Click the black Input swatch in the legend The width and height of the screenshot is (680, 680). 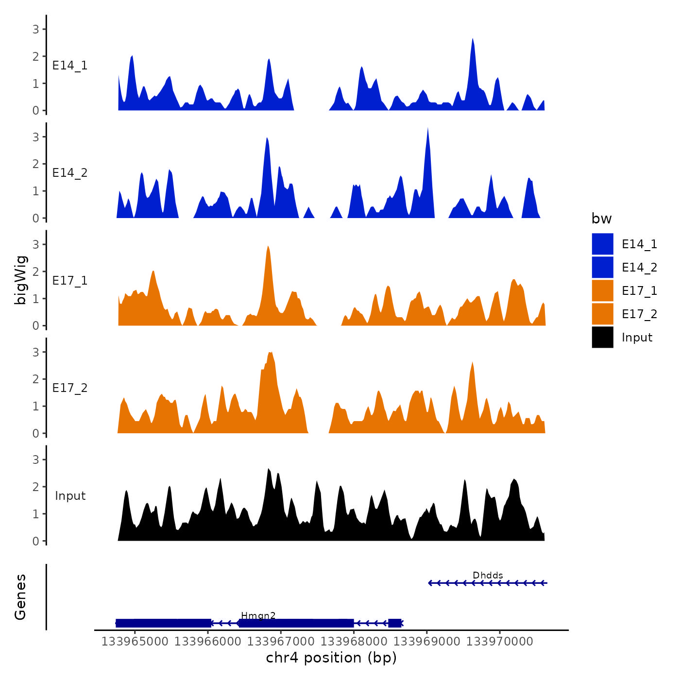click(602, 338)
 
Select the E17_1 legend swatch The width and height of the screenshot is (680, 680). click(602, 291)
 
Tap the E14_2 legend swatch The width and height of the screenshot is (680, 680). click(602, 268)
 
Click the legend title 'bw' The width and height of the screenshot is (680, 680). click(601, 219)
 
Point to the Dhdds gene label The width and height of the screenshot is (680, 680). click(488, 576)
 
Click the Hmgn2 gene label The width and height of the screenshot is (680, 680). click(258, 616)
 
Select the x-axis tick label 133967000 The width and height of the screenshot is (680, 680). click(281, 642)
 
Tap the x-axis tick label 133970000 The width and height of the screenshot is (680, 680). click(500, 642)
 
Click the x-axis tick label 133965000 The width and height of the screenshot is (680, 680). click(135, 642)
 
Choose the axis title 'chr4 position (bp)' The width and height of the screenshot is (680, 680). click(331, 658)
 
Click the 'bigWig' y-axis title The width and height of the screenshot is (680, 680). click(20, 280)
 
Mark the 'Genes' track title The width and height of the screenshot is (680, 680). click(20, 597)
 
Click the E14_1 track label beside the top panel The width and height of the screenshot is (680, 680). click(70, 66)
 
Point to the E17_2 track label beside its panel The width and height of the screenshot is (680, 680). click(70, 388)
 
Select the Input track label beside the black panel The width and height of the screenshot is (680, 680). click(70, 496)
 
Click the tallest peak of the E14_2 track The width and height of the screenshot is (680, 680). click(427, 129)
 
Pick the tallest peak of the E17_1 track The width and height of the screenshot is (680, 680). click(268, 247)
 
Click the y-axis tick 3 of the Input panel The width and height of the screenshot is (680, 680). click(36, 459)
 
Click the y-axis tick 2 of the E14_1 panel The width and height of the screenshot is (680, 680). click(36, 56)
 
